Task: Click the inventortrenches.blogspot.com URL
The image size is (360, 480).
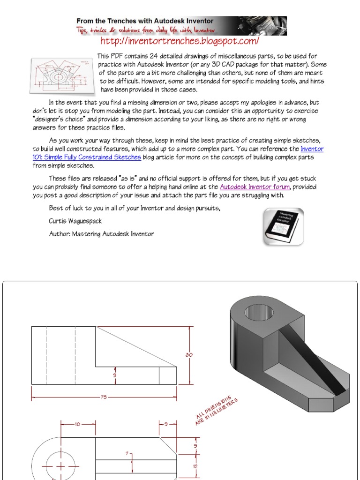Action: pos(180,42)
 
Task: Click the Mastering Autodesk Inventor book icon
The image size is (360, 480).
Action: pos(283,227)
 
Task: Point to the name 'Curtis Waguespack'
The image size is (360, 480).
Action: pos(75,221)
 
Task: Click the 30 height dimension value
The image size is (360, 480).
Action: pos(189,355)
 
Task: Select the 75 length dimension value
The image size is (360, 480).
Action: pos(104,397)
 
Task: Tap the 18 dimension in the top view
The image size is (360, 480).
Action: pos(78,424)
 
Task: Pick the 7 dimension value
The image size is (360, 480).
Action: pos(127,454)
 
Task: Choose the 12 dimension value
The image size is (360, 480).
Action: pos(195,466)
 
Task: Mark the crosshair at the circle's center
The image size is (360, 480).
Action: pos(60,466)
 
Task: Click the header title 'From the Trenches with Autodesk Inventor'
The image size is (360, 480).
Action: pos(145,21)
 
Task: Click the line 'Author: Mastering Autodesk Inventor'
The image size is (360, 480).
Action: pos(101,233)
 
